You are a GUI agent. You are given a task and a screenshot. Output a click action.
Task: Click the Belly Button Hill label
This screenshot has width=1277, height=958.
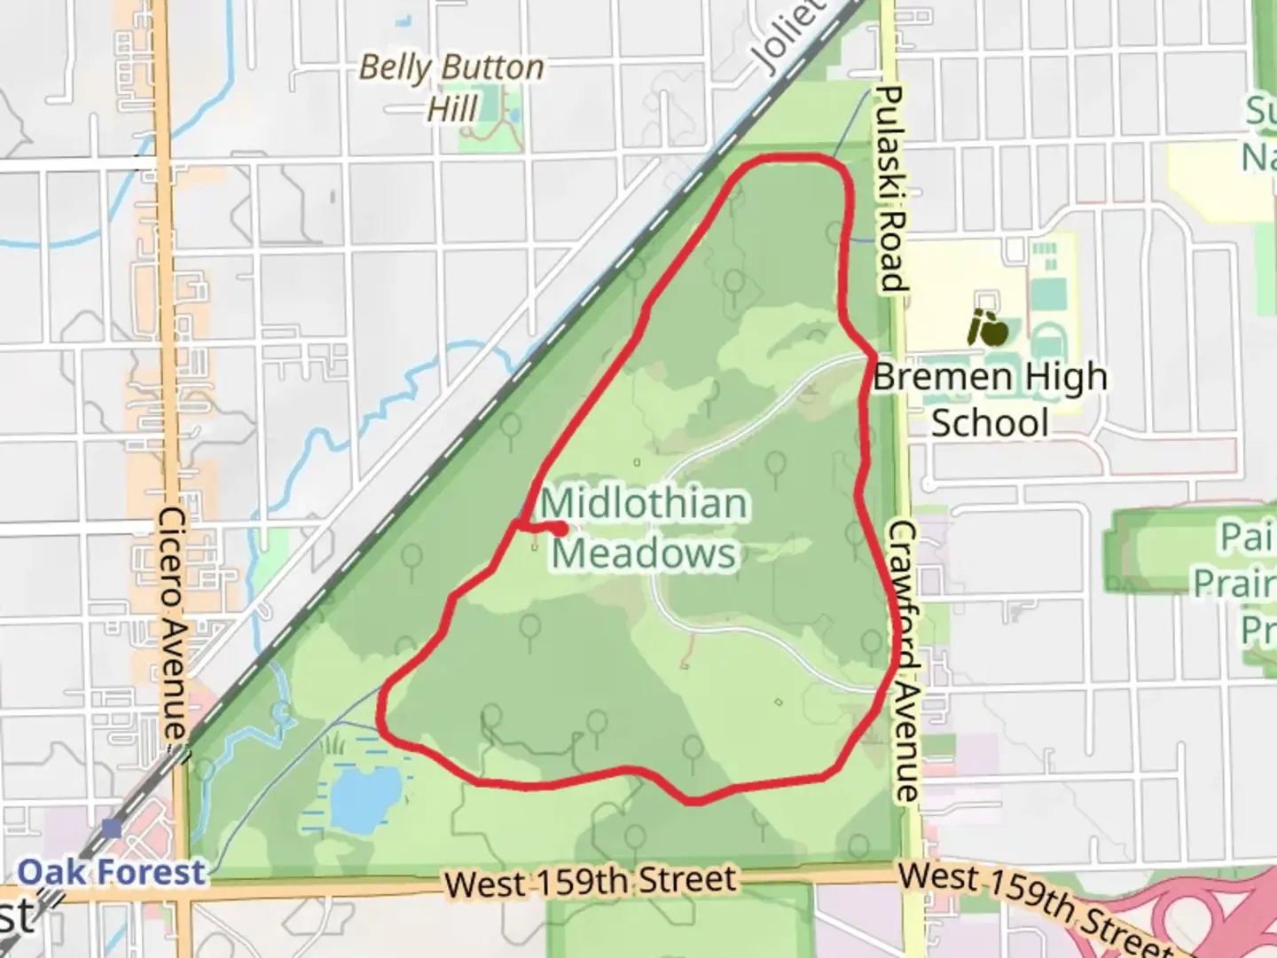[451, 88]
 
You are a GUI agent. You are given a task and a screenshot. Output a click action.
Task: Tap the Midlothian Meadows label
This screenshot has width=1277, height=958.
[645, 528]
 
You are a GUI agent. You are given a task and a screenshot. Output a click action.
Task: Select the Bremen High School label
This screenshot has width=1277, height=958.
[991, 399]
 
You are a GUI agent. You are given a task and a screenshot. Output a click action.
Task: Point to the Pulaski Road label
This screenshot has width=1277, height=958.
[890, 189]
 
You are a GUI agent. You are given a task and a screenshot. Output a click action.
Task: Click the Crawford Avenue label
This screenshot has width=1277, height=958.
[904, 661]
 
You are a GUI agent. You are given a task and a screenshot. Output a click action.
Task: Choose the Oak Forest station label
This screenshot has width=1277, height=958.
[112, 872]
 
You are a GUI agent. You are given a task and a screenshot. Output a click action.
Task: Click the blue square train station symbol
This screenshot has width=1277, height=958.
[112, 828]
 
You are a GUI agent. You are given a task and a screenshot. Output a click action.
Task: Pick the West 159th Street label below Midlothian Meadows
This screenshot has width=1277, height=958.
[591, 882]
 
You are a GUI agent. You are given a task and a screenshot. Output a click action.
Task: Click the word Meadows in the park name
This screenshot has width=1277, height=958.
[645, 553]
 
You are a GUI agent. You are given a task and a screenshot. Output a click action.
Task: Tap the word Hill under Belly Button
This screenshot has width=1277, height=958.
[452, 110]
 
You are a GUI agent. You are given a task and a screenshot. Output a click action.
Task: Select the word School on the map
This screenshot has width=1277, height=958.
[990, 423]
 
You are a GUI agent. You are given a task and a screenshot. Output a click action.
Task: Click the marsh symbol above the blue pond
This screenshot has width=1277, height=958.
[335, 742]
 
